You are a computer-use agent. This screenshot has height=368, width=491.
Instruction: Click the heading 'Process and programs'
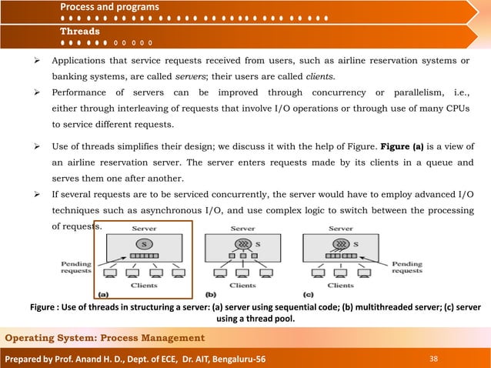point(110,7)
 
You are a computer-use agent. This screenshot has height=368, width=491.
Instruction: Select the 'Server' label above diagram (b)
point(242,228)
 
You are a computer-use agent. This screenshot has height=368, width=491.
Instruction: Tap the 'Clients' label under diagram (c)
point(341,285)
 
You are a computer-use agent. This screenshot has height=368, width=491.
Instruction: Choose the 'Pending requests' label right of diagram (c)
point(406,267)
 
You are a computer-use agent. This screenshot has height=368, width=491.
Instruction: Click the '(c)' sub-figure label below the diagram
point(309,293)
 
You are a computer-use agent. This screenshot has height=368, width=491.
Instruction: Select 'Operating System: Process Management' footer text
point(106,338)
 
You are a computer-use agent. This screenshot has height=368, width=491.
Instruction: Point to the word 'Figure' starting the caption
point(45,307)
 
